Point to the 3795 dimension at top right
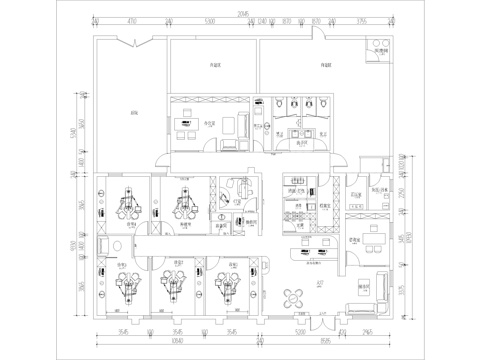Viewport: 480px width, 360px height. pos(361,20)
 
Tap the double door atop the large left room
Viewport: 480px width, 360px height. pos(130,45)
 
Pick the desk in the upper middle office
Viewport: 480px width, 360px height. pos(186,123)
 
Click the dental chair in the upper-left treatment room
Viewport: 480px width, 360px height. pos(126,203)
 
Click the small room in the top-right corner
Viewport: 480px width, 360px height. pos(380,49)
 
